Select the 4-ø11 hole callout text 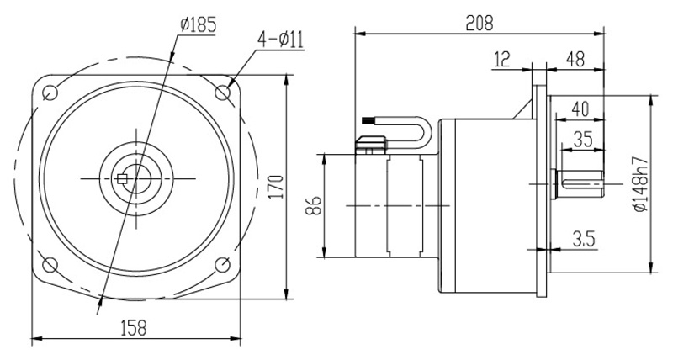pyautogui.click(x=283, y=39)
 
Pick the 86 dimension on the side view pyautogui.click(x=313, y=205)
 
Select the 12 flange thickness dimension pyautogui.click(x=503, y=59)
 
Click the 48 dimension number pyautogui.click(x=575, y=59)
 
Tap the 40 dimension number pyautogui.click(x=579, y=108)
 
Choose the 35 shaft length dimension pyautogui.click(x=583, y=140)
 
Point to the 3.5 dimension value pyautogui.click(x=583, y=239)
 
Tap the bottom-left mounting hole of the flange pyautogui.click(x=50, y=266)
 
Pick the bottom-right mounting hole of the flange pyautogui.click(x=223, y=266)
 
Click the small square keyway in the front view pyautogui.click(x=123, y=178)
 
